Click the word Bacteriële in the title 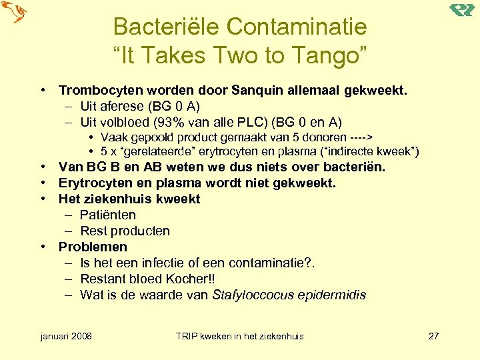click(x=166, y=27)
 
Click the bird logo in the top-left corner click(x=14, y=13)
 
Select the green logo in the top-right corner click(x=461, y=9)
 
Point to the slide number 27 click(x=433, y=336)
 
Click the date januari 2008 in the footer click(x=66, y=336)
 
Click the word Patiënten click(x=107, y=215)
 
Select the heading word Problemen click(x=93, y=247)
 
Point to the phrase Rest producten click(x=125, y=231)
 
